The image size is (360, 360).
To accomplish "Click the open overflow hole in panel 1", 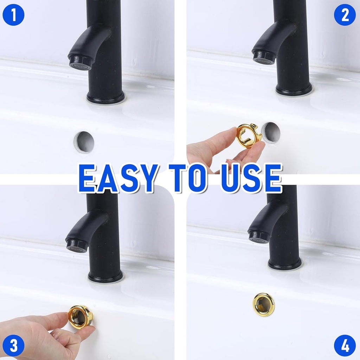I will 84,142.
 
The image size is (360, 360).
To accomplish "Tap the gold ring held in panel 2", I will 248,136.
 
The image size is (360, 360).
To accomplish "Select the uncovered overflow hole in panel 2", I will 272,133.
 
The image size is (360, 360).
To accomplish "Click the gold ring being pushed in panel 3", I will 81,316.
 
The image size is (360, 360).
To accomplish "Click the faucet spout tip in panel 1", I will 81,63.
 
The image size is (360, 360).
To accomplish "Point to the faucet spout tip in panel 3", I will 77,245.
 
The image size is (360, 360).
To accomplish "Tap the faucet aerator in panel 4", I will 259,237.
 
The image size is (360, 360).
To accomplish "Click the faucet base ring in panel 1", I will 105,98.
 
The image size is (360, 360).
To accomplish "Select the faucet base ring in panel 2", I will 294,90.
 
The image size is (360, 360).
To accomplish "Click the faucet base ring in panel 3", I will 105,277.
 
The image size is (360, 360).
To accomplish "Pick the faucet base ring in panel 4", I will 285,264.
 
